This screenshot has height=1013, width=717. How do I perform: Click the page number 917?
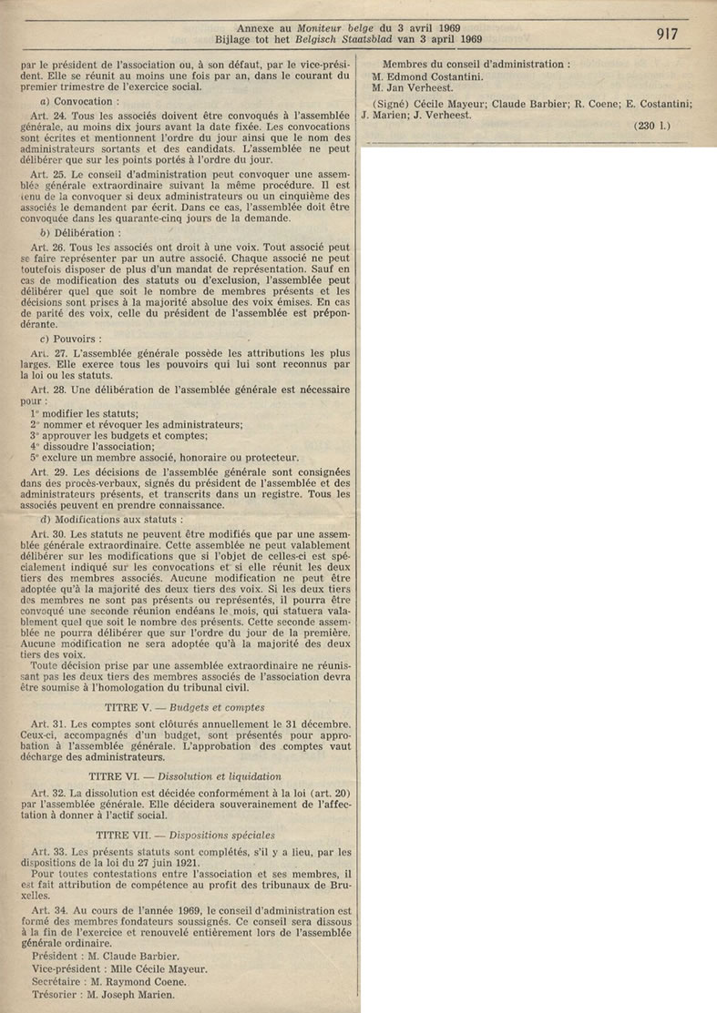point(673,34)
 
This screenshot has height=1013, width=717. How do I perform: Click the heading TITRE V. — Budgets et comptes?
point(185,706)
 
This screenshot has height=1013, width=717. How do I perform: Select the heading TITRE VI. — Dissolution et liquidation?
point(185,776)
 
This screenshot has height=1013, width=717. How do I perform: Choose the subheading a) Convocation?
point(81,128)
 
